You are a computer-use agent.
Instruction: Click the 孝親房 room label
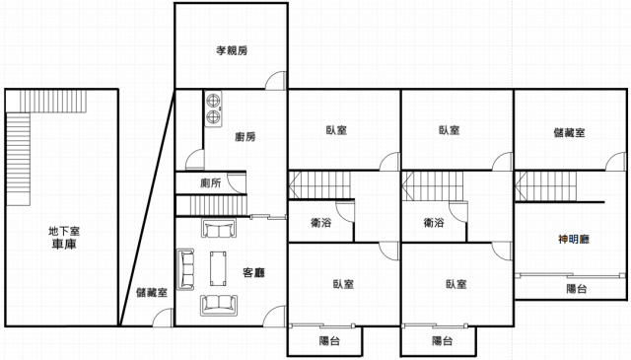(232, 50)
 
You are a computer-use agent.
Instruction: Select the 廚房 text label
(245, 137)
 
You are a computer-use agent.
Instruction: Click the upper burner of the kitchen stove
(213, 101)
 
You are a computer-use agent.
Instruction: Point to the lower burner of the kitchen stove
(213, 117)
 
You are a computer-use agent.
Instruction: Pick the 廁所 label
(210, 183)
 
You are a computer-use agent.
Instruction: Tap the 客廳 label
(253, 272)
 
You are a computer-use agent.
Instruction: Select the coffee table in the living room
(218, 268)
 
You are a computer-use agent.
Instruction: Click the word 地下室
(64, 231)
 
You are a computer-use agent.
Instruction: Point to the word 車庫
(64, 244)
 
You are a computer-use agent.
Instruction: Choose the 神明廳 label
(574, 240)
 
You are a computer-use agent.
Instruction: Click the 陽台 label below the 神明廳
(576, 289)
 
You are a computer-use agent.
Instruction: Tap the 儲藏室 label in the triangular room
(151, 292)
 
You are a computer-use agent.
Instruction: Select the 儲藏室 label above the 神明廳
(569, 133)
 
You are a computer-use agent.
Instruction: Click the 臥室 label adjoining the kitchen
(336, 130)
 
